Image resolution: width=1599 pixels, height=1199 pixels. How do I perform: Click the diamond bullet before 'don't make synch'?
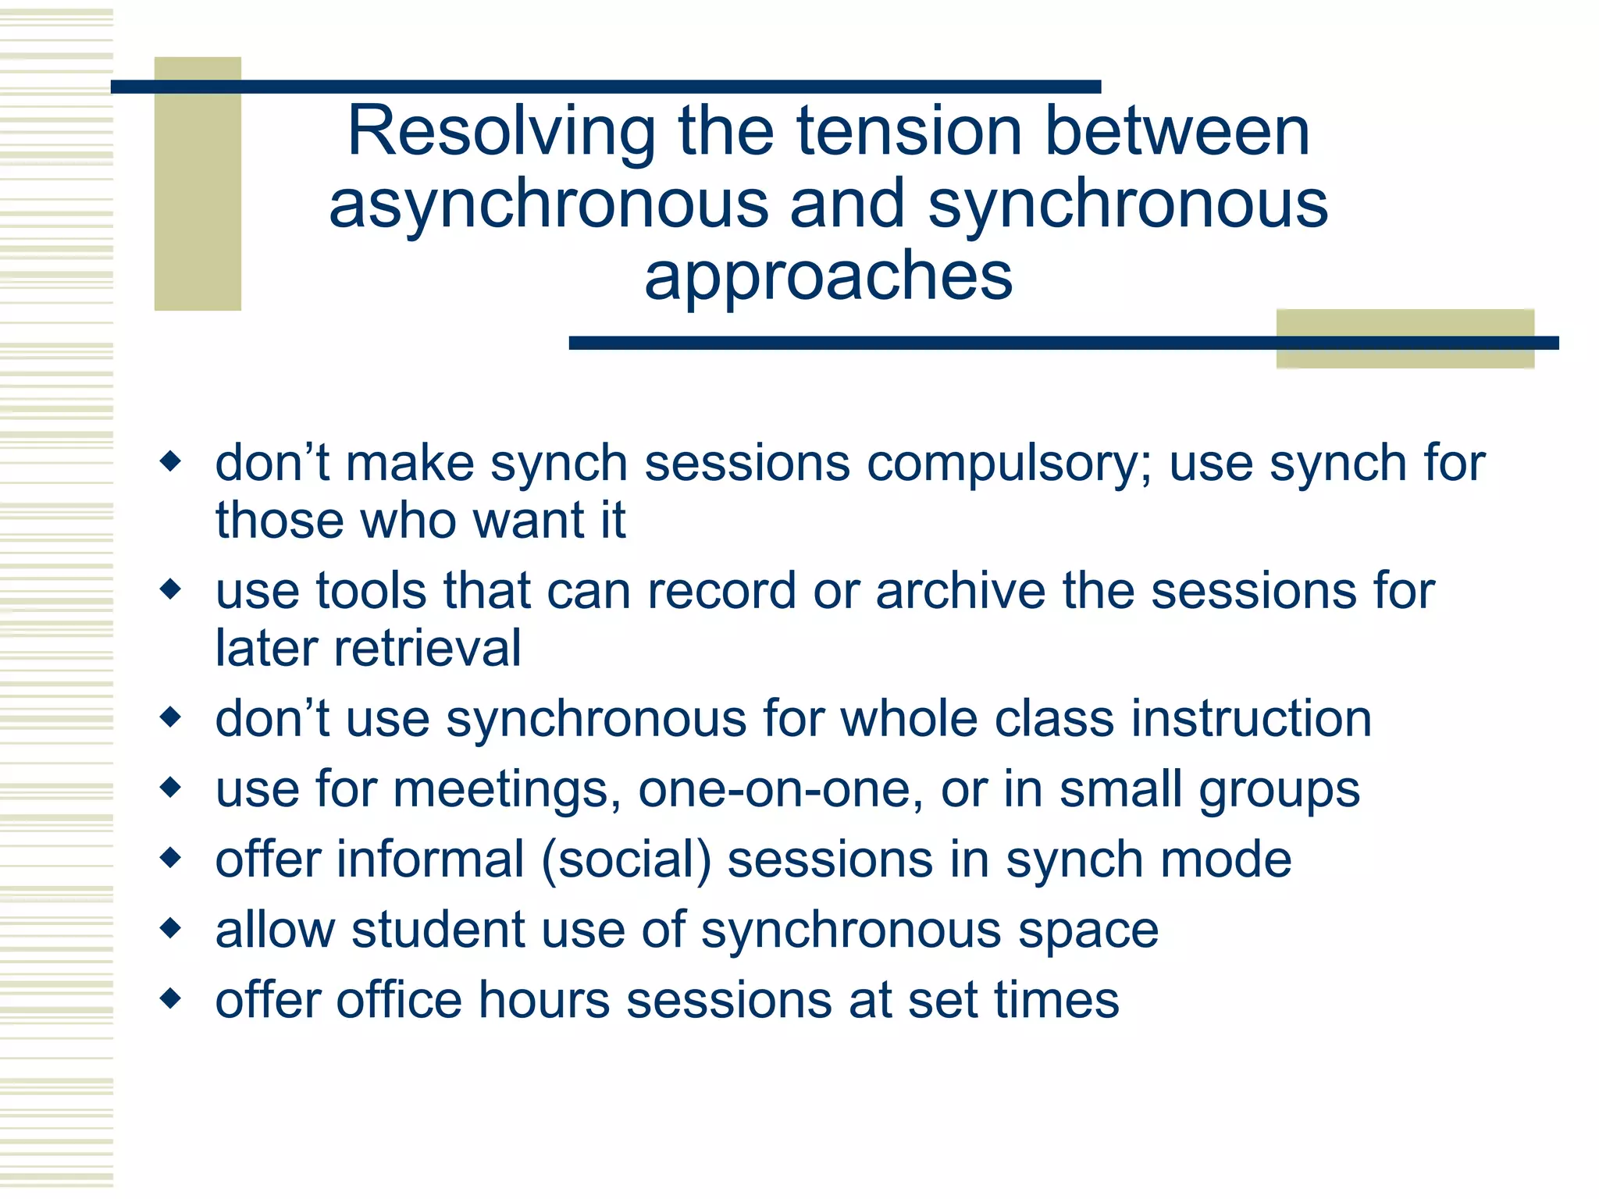[169, 461]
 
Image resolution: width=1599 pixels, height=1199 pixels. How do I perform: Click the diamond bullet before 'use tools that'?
[169, 589]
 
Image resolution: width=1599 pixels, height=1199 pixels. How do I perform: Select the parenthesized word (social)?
[625, 860]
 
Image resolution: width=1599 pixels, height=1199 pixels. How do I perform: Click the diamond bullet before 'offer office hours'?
[169, 998]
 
